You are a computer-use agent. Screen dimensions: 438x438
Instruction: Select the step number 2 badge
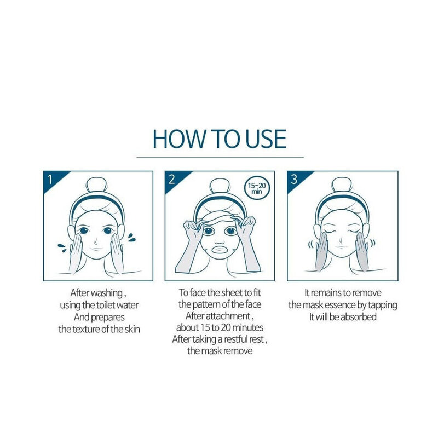tap(171, 178)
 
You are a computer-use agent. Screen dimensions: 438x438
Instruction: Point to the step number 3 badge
tap(294, 178)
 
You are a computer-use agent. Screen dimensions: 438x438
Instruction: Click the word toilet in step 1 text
tap(105, 305)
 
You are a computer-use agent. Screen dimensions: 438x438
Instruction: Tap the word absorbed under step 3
tap(359, 316)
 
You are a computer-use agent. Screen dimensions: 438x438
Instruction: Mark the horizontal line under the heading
tap(219, 157)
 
